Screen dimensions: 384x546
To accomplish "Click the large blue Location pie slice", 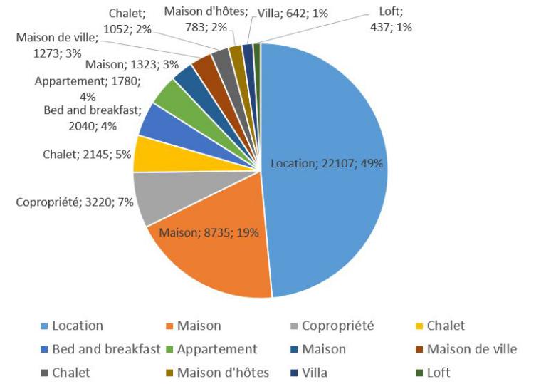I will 335,128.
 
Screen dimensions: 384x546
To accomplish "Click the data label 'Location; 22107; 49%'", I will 327,163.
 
